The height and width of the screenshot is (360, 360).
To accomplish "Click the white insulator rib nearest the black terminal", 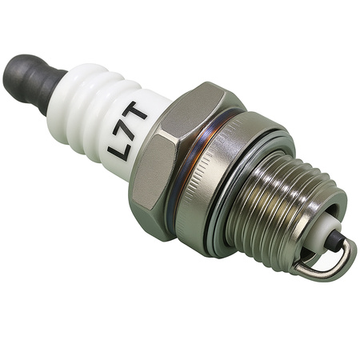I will [x=70, y=92].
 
